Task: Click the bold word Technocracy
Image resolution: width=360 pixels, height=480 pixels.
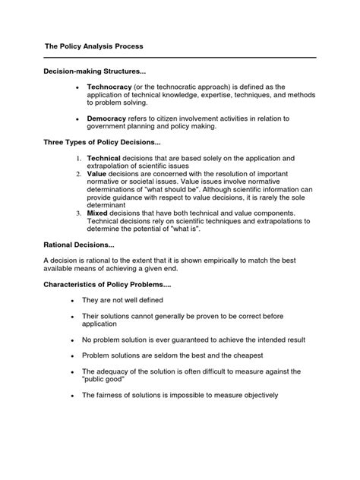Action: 111,88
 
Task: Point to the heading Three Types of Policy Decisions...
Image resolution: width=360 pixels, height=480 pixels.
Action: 90,142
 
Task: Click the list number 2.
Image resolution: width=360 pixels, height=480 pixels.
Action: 78,172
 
